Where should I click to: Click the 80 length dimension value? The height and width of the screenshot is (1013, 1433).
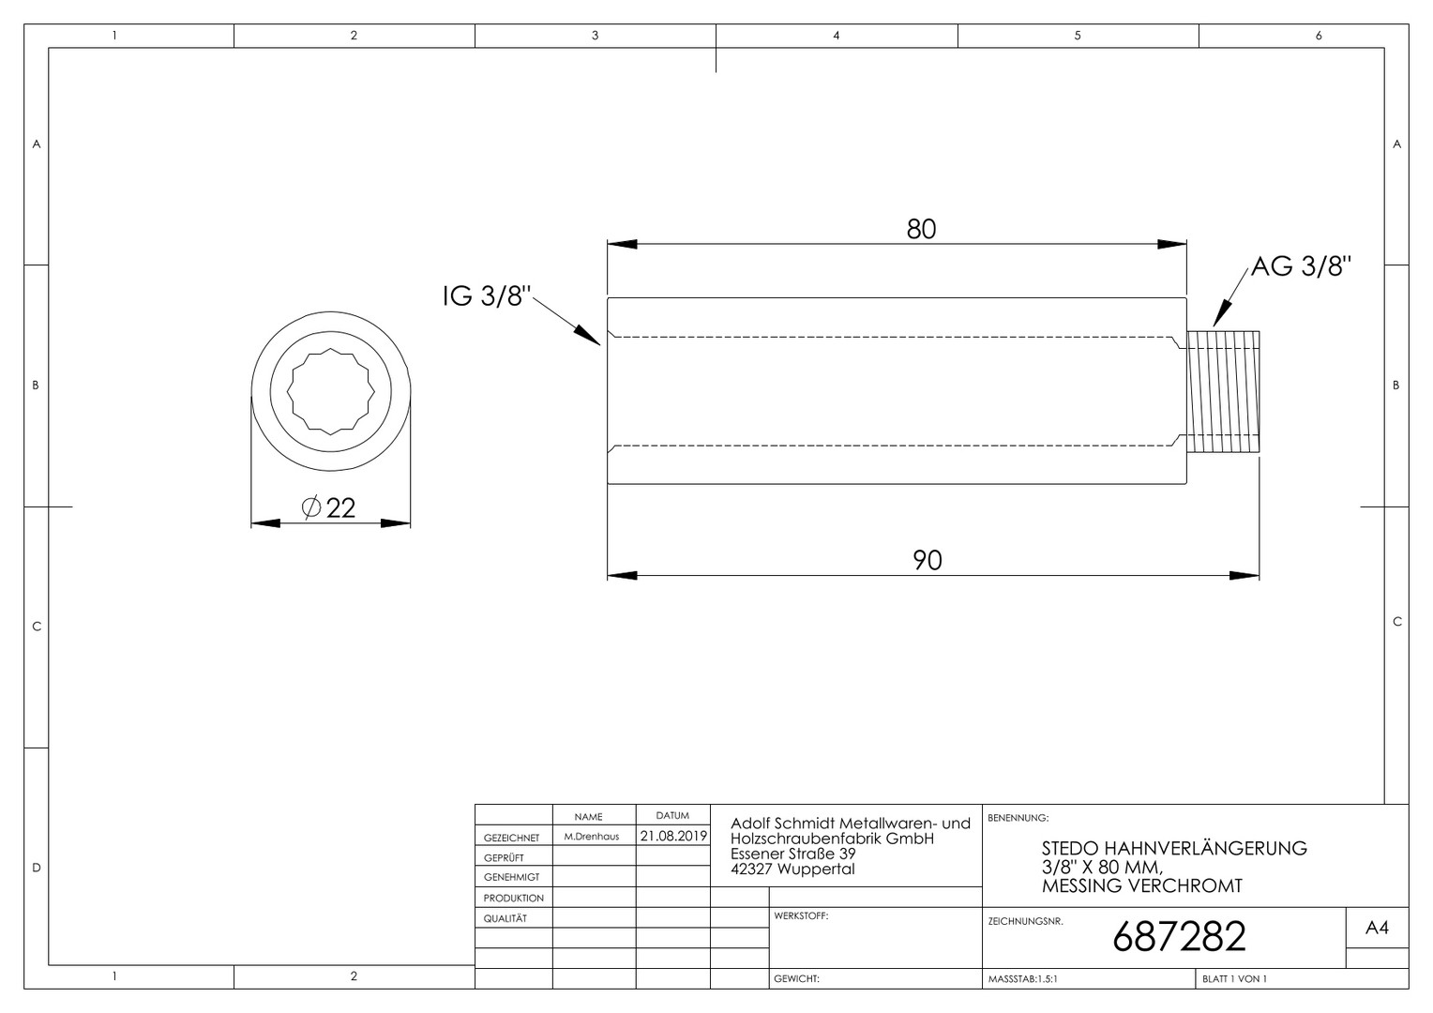point(921,229)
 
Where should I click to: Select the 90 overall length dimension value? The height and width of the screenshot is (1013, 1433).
point(927,561)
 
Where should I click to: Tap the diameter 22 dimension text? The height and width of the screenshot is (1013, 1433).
point(329,508)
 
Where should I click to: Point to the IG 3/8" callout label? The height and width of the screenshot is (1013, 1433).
point(487,296)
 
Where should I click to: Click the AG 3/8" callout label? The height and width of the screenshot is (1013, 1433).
point(1301,266)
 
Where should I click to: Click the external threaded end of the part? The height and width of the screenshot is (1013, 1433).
point(1223,392)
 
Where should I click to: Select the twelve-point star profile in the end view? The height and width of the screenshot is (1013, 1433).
point(330,391)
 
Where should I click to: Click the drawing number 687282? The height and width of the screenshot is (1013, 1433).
point(1179,936)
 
